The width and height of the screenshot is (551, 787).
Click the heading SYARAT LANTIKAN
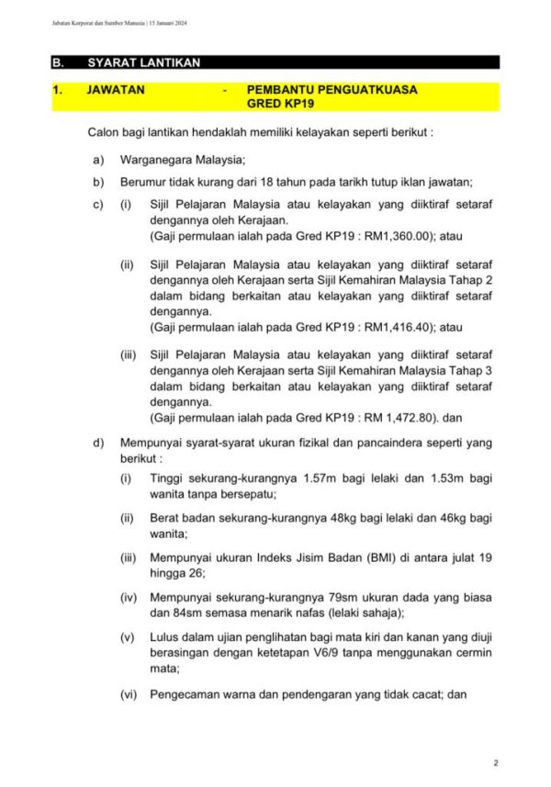click(x=143, y=63)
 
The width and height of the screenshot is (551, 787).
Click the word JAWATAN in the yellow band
click(x=115, y=90)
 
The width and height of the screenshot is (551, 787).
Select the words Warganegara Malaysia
click(x=182, y=160)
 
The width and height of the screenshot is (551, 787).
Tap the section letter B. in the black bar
click(x=58, y=63)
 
